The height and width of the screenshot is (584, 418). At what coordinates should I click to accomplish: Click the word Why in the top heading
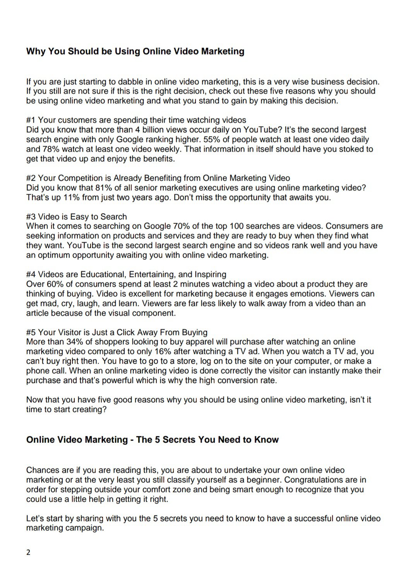[x=36, y=51]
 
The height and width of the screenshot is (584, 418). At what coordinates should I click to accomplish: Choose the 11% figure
[x=71, y=198]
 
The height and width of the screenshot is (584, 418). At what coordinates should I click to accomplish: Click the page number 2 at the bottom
[x=28, y=552]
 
